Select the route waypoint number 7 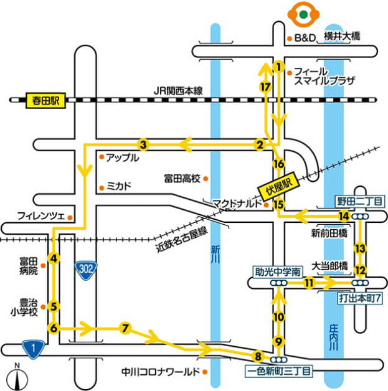tap(125, 327)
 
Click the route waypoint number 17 tap(266, 87)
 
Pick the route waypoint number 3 tap(143, 145)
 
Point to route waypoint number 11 tap(308, 282)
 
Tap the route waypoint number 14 tap(343, 216)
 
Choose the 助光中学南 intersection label tap(278, 271)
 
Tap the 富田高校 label tap(182, 179)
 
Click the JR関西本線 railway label tap(179, 91)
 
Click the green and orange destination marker tap(303, 14)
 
